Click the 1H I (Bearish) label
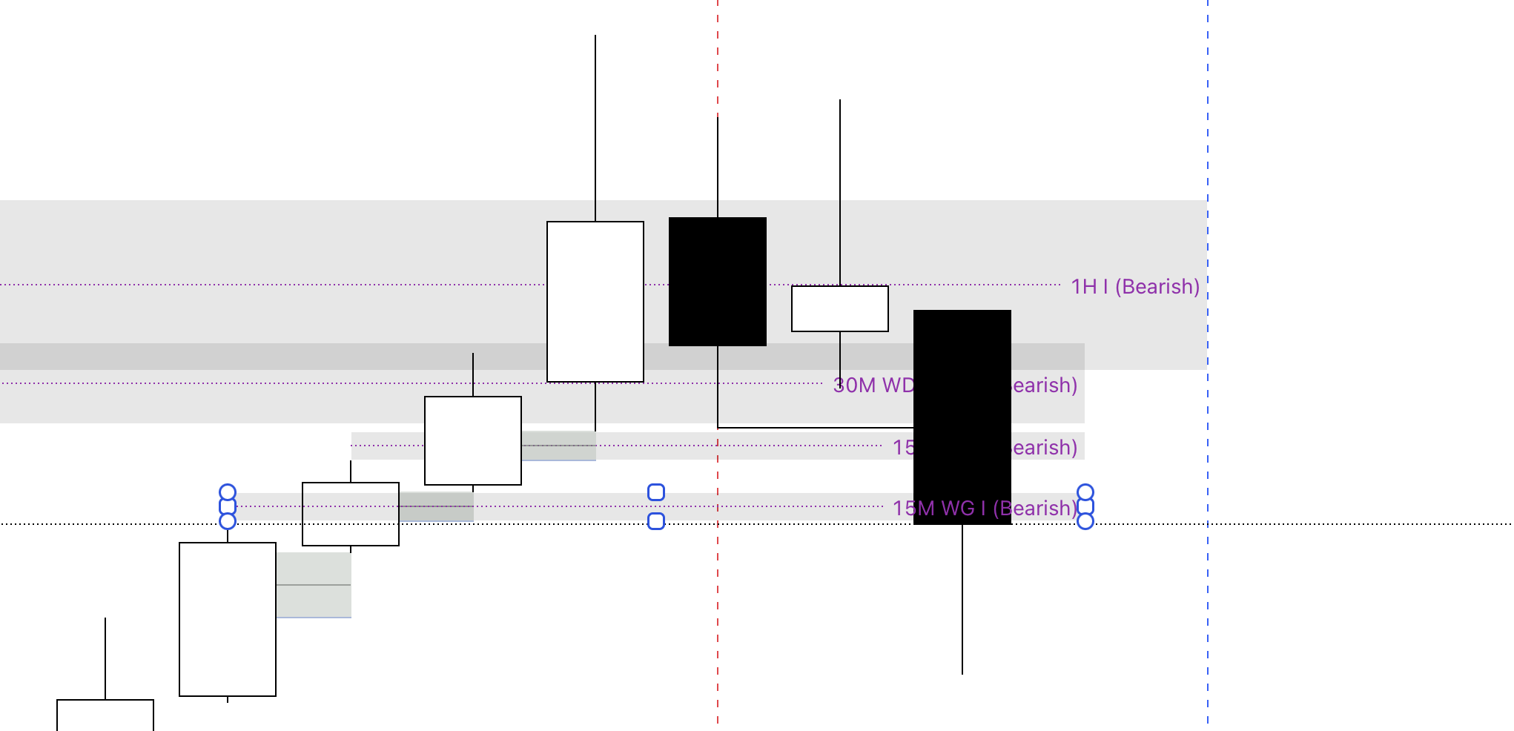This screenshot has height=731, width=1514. [1134, 287]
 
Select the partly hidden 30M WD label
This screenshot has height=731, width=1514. [873, 386]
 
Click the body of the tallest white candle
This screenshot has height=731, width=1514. [595, 302]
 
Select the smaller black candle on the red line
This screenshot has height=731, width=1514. [717, 282]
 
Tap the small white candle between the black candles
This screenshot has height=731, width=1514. [839, 308]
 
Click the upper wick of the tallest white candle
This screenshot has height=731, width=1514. [595, 126]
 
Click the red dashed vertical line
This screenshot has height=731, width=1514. [718, 630]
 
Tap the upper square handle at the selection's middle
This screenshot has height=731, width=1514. [656, 492]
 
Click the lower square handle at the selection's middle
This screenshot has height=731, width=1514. [656, 521]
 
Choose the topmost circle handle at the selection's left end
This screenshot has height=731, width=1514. [228, 492]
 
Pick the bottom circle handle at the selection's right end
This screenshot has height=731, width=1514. [1085, 521]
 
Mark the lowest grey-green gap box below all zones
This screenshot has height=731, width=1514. [314, 585]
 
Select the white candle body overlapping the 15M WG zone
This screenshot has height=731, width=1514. [350, 514]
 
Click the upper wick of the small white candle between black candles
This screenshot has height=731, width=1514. [840, 193]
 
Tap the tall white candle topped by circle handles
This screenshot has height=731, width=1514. [228, 619]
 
